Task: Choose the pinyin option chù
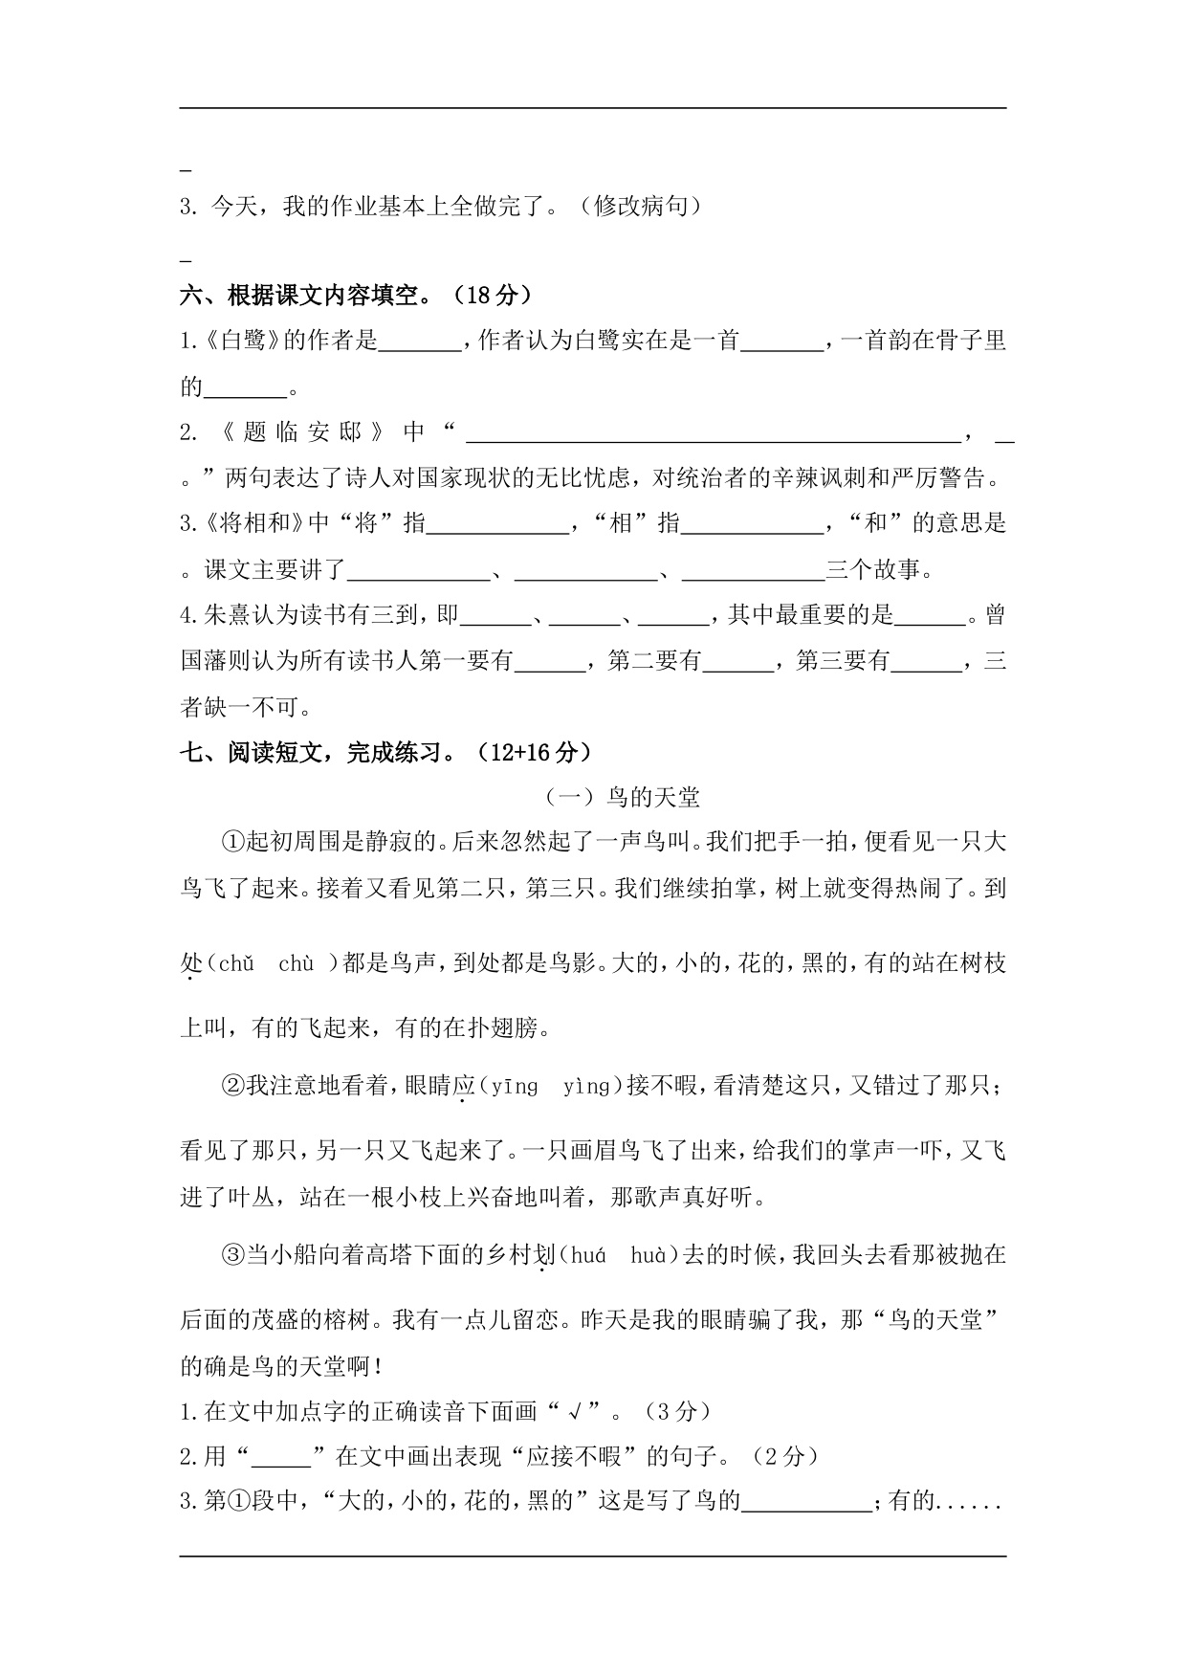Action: tap(296, 963)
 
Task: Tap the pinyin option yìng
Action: tap(585, 1086)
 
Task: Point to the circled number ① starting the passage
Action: tap(233, 843)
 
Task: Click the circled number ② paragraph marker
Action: tap(233, 1086)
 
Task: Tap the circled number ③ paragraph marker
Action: tap(233, 1255)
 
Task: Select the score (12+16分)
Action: tap(538, 753)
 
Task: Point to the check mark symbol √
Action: tap(575, 1410)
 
